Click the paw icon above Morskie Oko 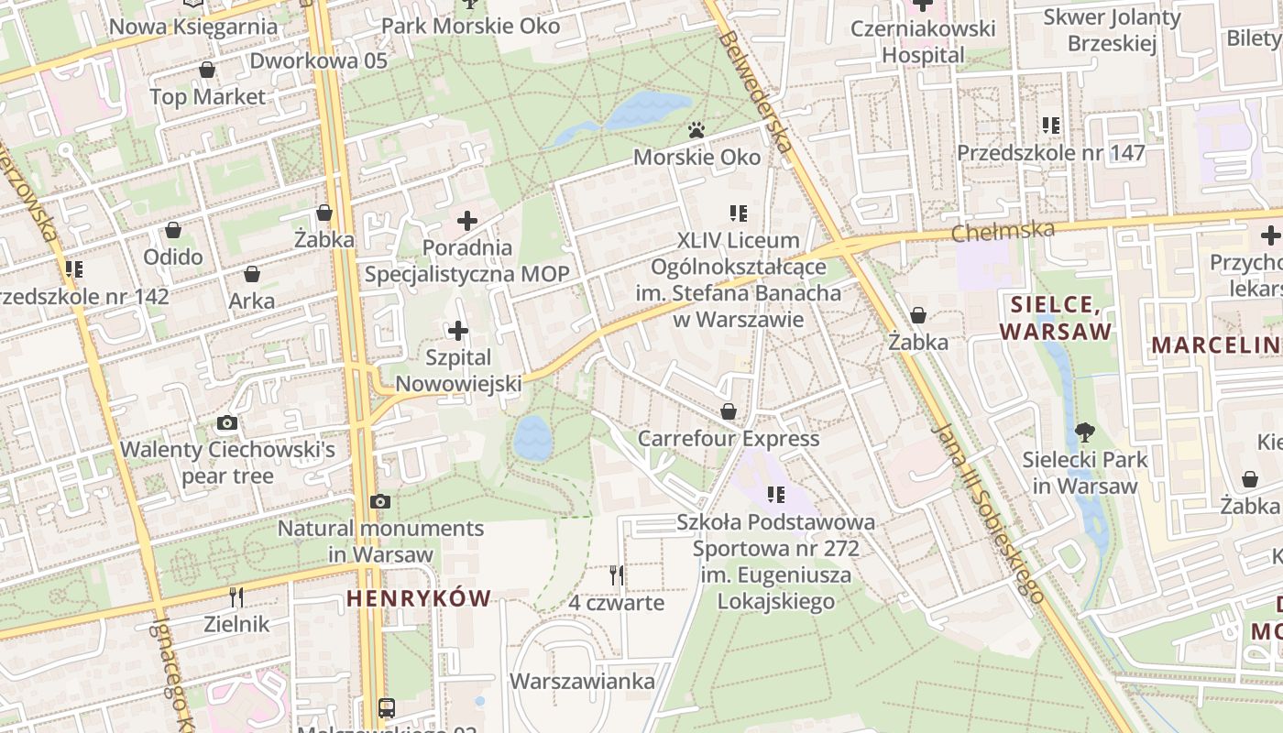(x=696, y=130)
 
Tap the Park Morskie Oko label (x=470, y=26)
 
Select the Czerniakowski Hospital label (x=923, y=41)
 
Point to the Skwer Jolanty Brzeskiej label (x=1113, y=30)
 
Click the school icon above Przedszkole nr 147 (x=1050, y=125)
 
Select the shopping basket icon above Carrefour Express (x=729, y=411)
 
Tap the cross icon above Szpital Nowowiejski (x=457, y=331)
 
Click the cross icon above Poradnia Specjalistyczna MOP (x=467, y=220)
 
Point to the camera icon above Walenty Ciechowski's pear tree (x=227, y=422)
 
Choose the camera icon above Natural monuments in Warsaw (x=380, y=501)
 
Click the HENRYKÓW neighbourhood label (x=419, y=598)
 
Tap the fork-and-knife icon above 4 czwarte (x=617, y=575)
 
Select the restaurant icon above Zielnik (x=236, y=597)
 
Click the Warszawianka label (x=582, y=682)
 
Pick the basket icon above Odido (x=173, y=230)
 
